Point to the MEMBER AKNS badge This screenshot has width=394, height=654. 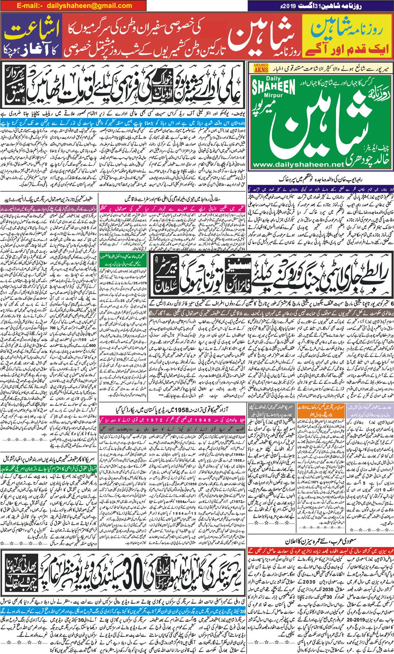click(x=261, y=68)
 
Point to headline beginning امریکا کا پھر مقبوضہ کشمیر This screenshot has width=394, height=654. click(x=49, y=459)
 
